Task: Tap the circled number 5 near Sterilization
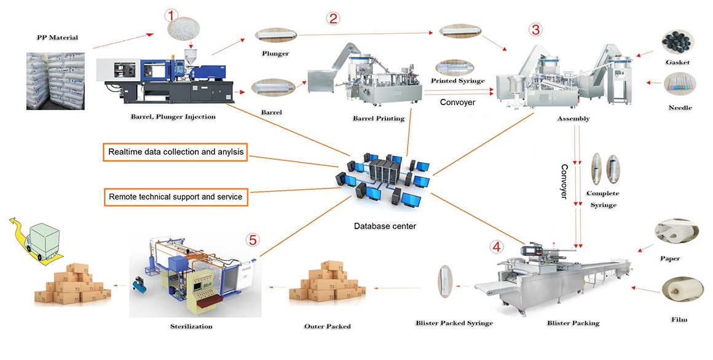tap(253, 240)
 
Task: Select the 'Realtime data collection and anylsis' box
tap(176, 152)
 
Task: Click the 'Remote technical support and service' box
tap(176, 197)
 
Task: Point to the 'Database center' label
tap(385, 226)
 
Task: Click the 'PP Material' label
tap(57, 37)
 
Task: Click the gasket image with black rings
tap(677, 43)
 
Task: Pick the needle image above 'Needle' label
tap(680, 84)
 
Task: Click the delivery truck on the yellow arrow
tap(44, 240)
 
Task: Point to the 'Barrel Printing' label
tap(379, 119)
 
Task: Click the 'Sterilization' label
tap(191, 326)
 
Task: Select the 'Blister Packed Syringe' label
tap(454, 323)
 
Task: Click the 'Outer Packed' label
tap(328, 326)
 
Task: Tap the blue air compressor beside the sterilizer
tap(140, 284)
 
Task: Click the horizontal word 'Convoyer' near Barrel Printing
tap(457, 102)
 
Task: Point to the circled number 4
tap(496, 247)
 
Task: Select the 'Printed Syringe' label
tap(458, 81)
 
